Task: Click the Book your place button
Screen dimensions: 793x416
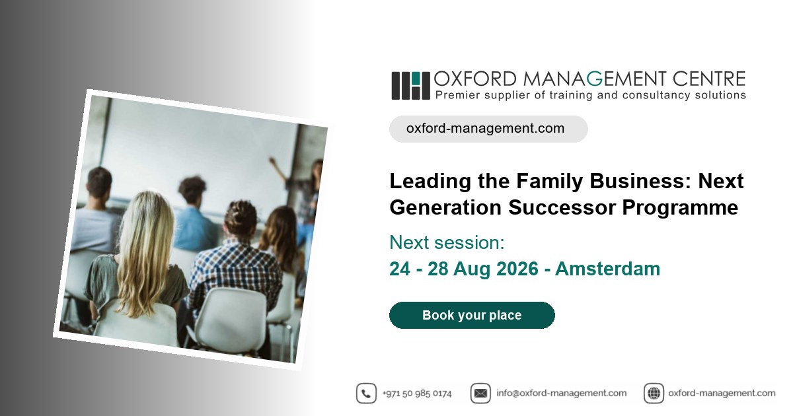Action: tap(472, 315)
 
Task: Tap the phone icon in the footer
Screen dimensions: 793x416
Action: tap(366, 393)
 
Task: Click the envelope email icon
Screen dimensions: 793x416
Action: tap(480, 393)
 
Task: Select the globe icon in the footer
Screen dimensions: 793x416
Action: tap(654, 393)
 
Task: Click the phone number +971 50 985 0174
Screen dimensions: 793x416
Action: tap(417, 394)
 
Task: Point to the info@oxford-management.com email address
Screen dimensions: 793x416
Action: tap(562, 394)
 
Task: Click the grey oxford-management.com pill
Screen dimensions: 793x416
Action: tap(488, 129)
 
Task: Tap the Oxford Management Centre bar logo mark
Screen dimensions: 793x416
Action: tap(410, 86)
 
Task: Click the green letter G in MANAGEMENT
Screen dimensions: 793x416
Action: tap(594, 79)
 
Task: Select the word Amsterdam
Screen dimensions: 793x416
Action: tap(607, 269)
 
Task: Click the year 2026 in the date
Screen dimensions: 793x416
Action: tap(517, 269)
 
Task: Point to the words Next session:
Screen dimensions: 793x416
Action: tap(447, 243)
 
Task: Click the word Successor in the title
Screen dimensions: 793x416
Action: tap(562, 207)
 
